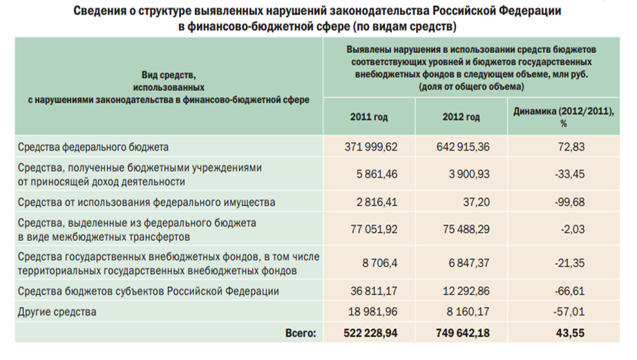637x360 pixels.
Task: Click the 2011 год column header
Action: pos(370,117)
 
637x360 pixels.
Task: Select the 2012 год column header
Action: pos(461,117)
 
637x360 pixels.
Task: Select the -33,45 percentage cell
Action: pos(570,175)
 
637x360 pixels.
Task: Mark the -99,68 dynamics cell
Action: pos(570,202)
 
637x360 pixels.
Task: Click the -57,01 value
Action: pos(570,312)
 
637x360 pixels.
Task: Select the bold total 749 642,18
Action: pos(461,333)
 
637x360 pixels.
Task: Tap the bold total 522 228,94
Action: pos(368,333)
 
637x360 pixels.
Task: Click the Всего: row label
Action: pos(301,333)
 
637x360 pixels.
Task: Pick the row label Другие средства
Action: pos(58,312)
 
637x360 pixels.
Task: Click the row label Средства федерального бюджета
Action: pos(93,147)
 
